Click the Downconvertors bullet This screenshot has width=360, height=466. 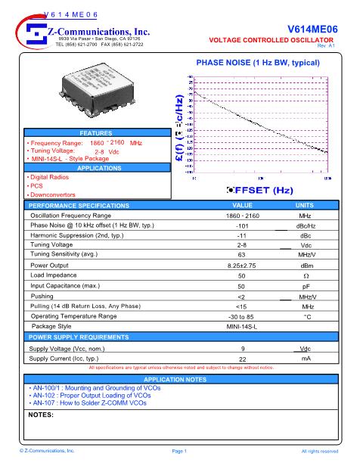click(x=53, y=194)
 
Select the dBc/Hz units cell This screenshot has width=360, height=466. click(x=306, y=225)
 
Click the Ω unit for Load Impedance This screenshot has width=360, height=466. click(x=306, y=276)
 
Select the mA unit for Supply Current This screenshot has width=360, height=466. click(x=306, y=358)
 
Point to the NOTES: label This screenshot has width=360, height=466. click(x=41, y=415)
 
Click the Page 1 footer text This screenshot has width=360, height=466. click(x=179, y=450)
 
